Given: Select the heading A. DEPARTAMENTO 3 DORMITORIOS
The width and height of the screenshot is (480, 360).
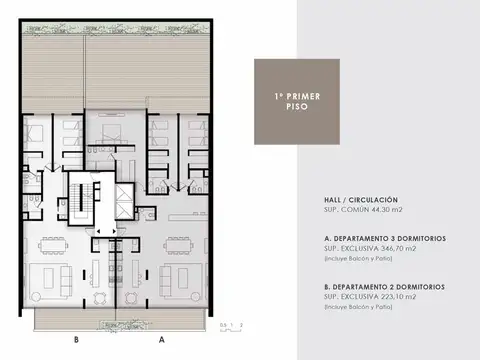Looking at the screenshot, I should [385, 238].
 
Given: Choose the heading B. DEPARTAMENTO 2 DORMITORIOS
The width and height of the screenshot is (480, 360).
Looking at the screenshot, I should [385, 286].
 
